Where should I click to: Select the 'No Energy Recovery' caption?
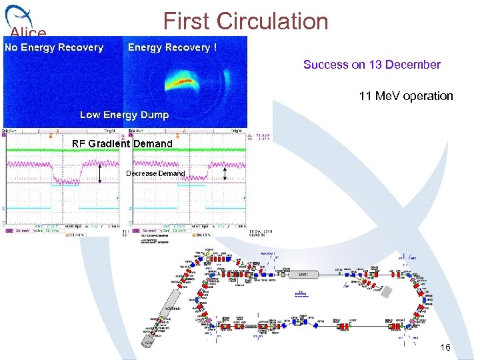[x=54, y=47]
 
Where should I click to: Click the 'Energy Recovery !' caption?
[x=172, y=47]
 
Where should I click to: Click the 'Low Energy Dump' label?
[x=124, y=115]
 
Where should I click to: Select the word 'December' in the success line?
[x=413, y=65]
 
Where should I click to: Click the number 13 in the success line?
[x=375, y=65]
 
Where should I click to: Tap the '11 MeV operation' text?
[x=405, y=96]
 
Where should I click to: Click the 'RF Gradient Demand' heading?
[x=122, y=143]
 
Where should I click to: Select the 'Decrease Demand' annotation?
[x=155, y=173]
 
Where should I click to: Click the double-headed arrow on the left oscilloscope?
[x=99, y=173]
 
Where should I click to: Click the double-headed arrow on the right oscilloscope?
[x=225, y=173]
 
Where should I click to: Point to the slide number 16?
[x=445, y=348]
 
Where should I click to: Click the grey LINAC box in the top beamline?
[x=303, y=274]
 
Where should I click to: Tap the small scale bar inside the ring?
[x=302, y=293]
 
